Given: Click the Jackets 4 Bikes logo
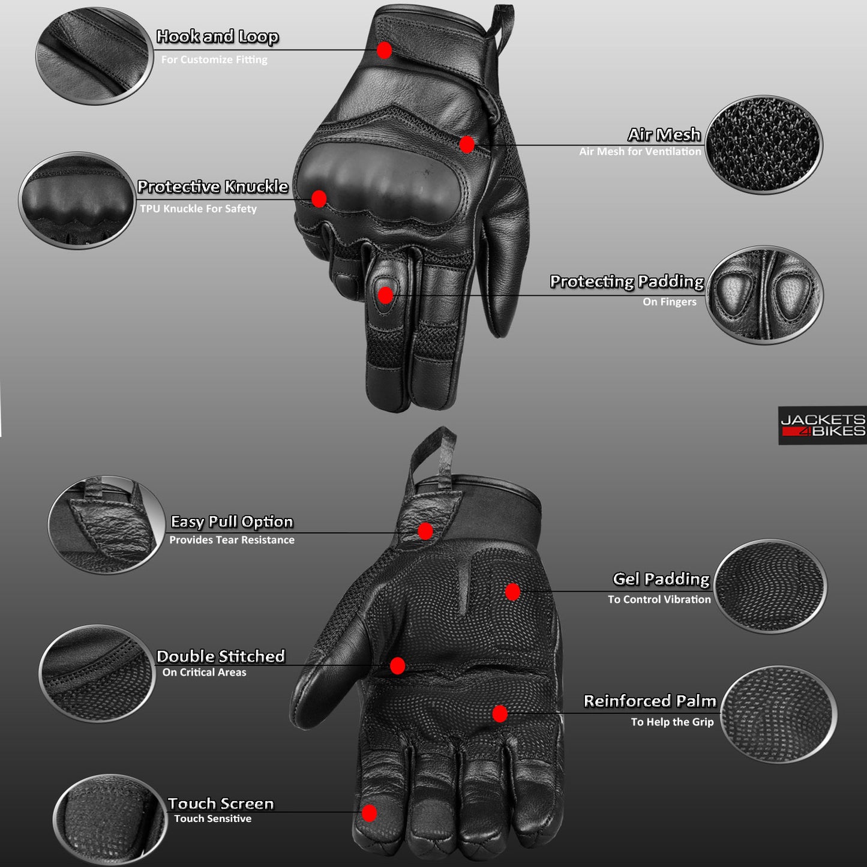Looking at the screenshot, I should tap(822, 425).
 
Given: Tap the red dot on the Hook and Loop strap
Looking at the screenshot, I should tap(385, 50).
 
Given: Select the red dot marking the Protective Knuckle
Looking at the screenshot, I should tap(319, 199).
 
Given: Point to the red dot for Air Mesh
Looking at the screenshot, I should tap(467, 145).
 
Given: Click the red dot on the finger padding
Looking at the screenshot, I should tap(385, 295).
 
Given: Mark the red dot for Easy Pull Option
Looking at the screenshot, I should tap(425, 531).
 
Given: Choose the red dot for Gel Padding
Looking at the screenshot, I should tap(512, 592).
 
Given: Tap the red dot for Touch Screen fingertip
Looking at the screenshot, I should tap(370, 813).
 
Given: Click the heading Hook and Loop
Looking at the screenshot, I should tap(217, 37).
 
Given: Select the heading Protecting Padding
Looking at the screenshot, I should tap(626, 281).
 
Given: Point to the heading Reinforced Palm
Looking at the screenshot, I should tap(650, 701).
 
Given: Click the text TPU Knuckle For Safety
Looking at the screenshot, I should tap(198, 209).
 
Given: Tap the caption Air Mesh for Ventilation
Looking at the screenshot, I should tap(640, 152).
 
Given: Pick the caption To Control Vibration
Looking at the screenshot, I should tap(659, 599).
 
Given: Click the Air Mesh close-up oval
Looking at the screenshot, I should tap(763, 145).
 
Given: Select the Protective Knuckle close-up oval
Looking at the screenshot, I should tap(77, 200).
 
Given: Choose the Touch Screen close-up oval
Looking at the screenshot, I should tap(109, 820).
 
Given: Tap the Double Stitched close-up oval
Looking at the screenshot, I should tap(97, 673).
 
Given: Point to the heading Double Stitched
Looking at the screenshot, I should tap(220, 656).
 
